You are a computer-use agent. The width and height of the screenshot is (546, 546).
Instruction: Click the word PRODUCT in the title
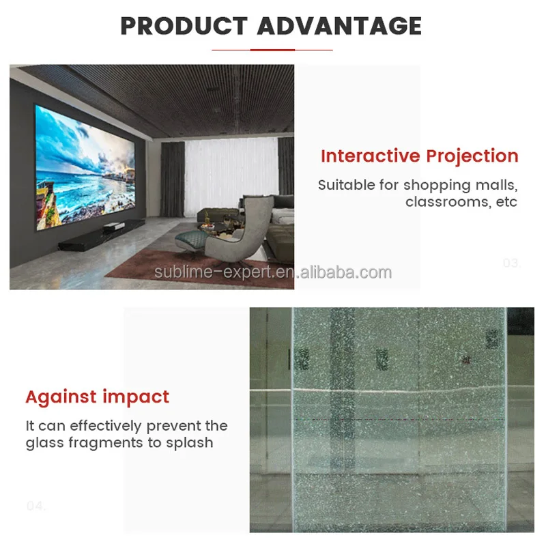click(184, 26)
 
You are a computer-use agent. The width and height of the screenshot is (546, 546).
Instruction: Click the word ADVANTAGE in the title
click(339, 26)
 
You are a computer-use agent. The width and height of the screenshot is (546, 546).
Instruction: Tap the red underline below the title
click(272, 50)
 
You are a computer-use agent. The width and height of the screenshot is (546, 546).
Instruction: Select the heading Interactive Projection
click(419, 156)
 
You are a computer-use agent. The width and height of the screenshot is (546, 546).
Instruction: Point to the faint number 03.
click(511, 263)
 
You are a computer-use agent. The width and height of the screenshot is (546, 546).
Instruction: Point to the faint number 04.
click(35, 506)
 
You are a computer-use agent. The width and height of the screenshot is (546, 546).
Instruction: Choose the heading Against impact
click(97, 397)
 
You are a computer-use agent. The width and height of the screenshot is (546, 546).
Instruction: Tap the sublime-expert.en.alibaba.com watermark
click(273, 273)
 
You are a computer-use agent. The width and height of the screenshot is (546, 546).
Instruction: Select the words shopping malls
click(460, 185)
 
